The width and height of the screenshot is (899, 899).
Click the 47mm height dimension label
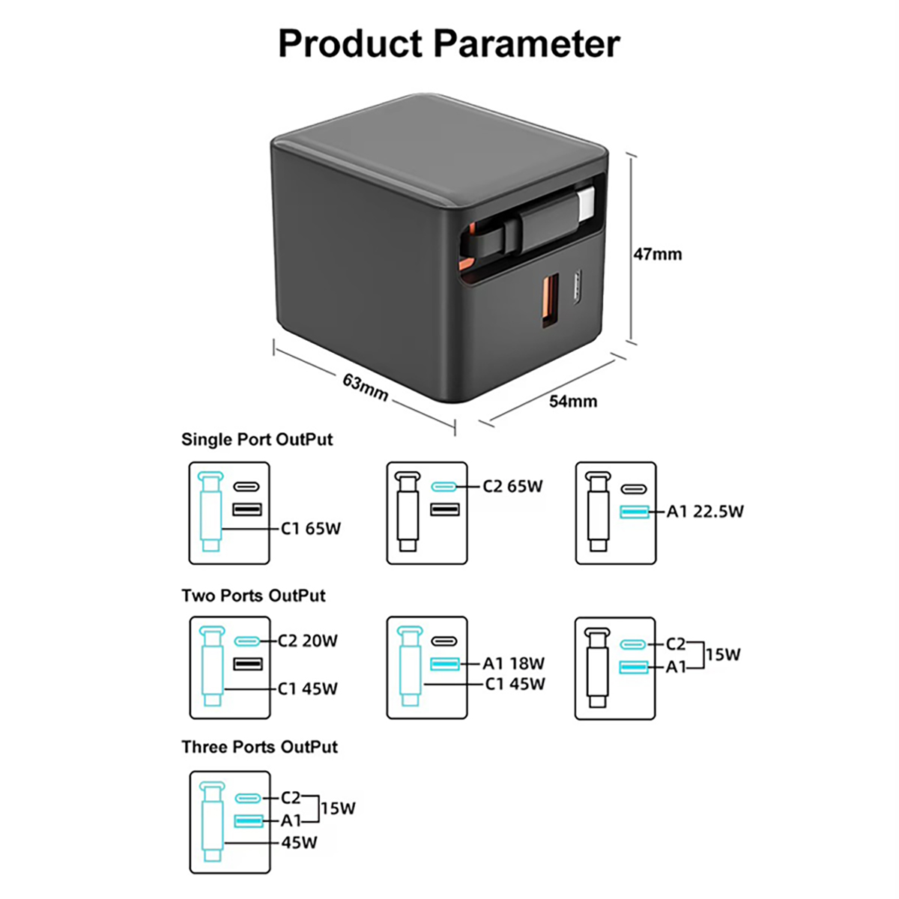[658, 254]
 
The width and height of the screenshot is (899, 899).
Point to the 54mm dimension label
[573, 401]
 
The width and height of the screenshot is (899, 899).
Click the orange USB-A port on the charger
[551, 302]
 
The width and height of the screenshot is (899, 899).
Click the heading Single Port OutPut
[257, 440]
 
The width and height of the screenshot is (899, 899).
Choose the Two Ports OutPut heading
[253, 596]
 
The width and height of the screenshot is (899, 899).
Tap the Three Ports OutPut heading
[259, 747]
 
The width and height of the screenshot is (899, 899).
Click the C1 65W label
[311, 529]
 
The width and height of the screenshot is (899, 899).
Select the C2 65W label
[512, 486]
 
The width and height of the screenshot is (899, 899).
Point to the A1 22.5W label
[705, 512]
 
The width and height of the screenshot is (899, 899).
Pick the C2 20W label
[307, 641]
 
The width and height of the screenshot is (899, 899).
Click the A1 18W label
[513, 663]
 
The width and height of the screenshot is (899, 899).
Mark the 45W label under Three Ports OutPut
[299, 843]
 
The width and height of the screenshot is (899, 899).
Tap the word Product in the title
[351, 43]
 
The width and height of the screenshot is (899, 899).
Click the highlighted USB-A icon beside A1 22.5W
[634, 512]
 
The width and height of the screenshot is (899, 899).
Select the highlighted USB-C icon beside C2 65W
[444, 487]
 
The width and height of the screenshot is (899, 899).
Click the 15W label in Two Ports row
[722, 655]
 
